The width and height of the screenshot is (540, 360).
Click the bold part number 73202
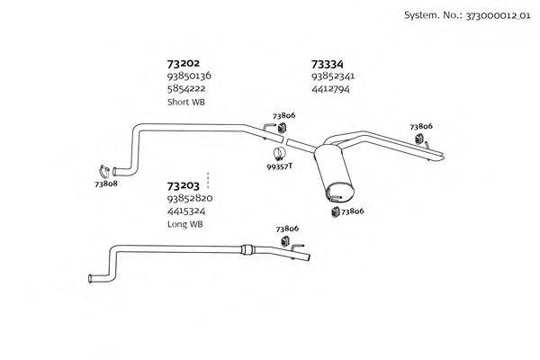(x=184, y=64)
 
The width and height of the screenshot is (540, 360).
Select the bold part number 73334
(x=328, y=64)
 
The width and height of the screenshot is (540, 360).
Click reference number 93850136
(x=190, y=76)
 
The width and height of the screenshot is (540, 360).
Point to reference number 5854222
(x=185, y=89)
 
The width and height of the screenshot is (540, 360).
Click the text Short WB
(x=185, y=103)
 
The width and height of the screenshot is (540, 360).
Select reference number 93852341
(x=334, y=76)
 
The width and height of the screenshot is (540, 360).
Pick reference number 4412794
(x=330, y=89)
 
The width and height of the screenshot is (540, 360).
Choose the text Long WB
(x=185, y=224)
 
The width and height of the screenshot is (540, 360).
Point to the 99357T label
(x=281, y=166)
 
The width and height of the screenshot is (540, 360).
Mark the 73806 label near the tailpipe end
(x=421, y=127)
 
